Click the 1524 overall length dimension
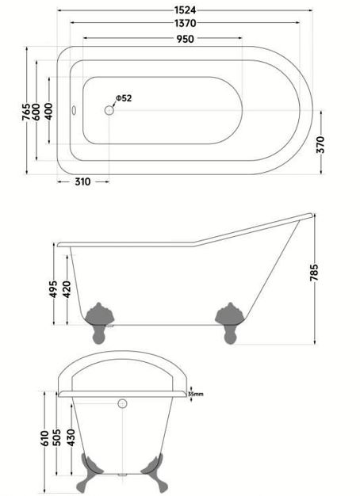pyautogui.click(x=186, y=10)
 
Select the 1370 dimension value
pyautogui.click(x=186, y=23)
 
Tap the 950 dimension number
pyautogui.click(x=186, y=39)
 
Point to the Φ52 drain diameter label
pyautogui.click(x=124, y=98)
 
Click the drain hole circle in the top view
pyautogui.click(x=109, y=110)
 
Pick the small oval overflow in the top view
pyautogui.click(x=74, y=110)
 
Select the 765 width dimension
pyautogui.click(x=26, y=112)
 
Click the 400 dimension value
pyautogui.click(x=48, y=112)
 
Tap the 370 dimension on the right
pyautogui.click(x=321, y=144)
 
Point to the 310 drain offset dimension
pyautogui.click(x=82, y=182)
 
